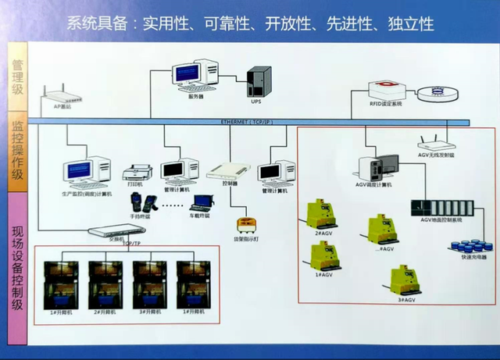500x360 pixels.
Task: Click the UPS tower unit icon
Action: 259,80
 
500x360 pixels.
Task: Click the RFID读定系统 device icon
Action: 385,87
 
